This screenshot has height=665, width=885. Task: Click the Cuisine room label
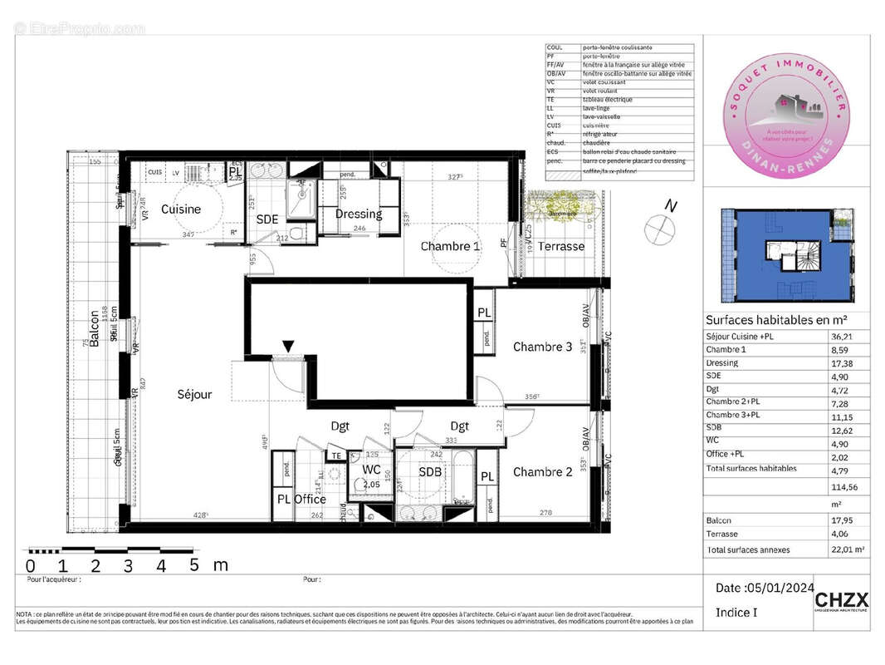pos(181,209)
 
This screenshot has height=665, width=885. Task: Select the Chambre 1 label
pos(450,246)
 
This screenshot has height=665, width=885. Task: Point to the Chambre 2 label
pos(542,472)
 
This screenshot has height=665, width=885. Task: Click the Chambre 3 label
pos(542,347)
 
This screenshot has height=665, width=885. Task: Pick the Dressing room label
pos(358,214)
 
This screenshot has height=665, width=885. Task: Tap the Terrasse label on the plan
pos(560,246)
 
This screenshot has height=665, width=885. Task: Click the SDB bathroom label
pos(430,472)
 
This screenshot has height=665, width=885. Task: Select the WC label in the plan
pos(370,470)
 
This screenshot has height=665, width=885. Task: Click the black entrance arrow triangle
pos(289,346)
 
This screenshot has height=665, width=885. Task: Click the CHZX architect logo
pos(841,600)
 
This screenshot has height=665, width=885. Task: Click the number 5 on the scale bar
pos(193,566)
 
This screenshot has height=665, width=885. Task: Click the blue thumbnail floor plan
pos(785,256)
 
